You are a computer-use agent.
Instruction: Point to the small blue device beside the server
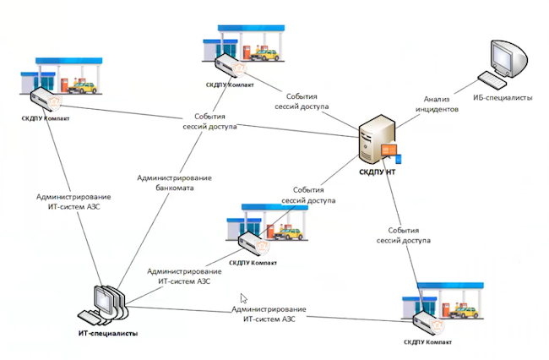(x=400, y=158)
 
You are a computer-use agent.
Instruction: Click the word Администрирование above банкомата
(x=174, y=177)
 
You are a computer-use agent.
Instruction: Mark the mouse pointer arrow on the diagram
(x=243, y=297)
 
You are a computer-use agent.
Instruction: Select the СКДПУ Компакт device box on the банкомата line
(x=229, y=65)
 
